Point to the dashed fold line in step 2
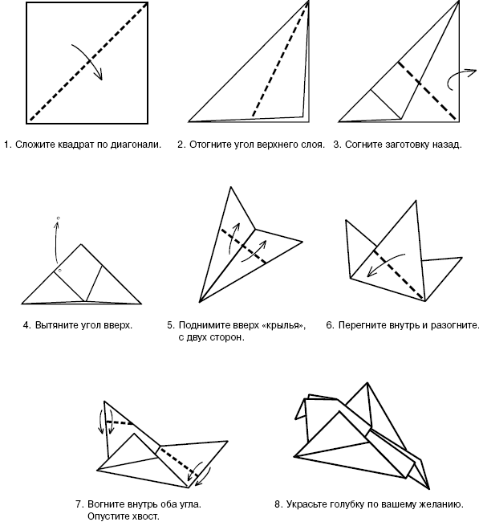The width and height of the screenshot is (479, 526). tap(280, 60)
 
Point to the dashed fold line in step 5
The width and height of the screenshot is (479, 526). tap(244, 247)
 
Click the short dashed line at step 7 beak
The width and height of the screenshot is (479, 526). tap(120, 422)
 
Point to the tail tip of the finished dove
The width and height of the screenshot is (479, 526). tap(428, 488)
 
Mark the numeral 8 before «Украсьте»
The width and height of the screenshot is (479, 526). tap(277, 504)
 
